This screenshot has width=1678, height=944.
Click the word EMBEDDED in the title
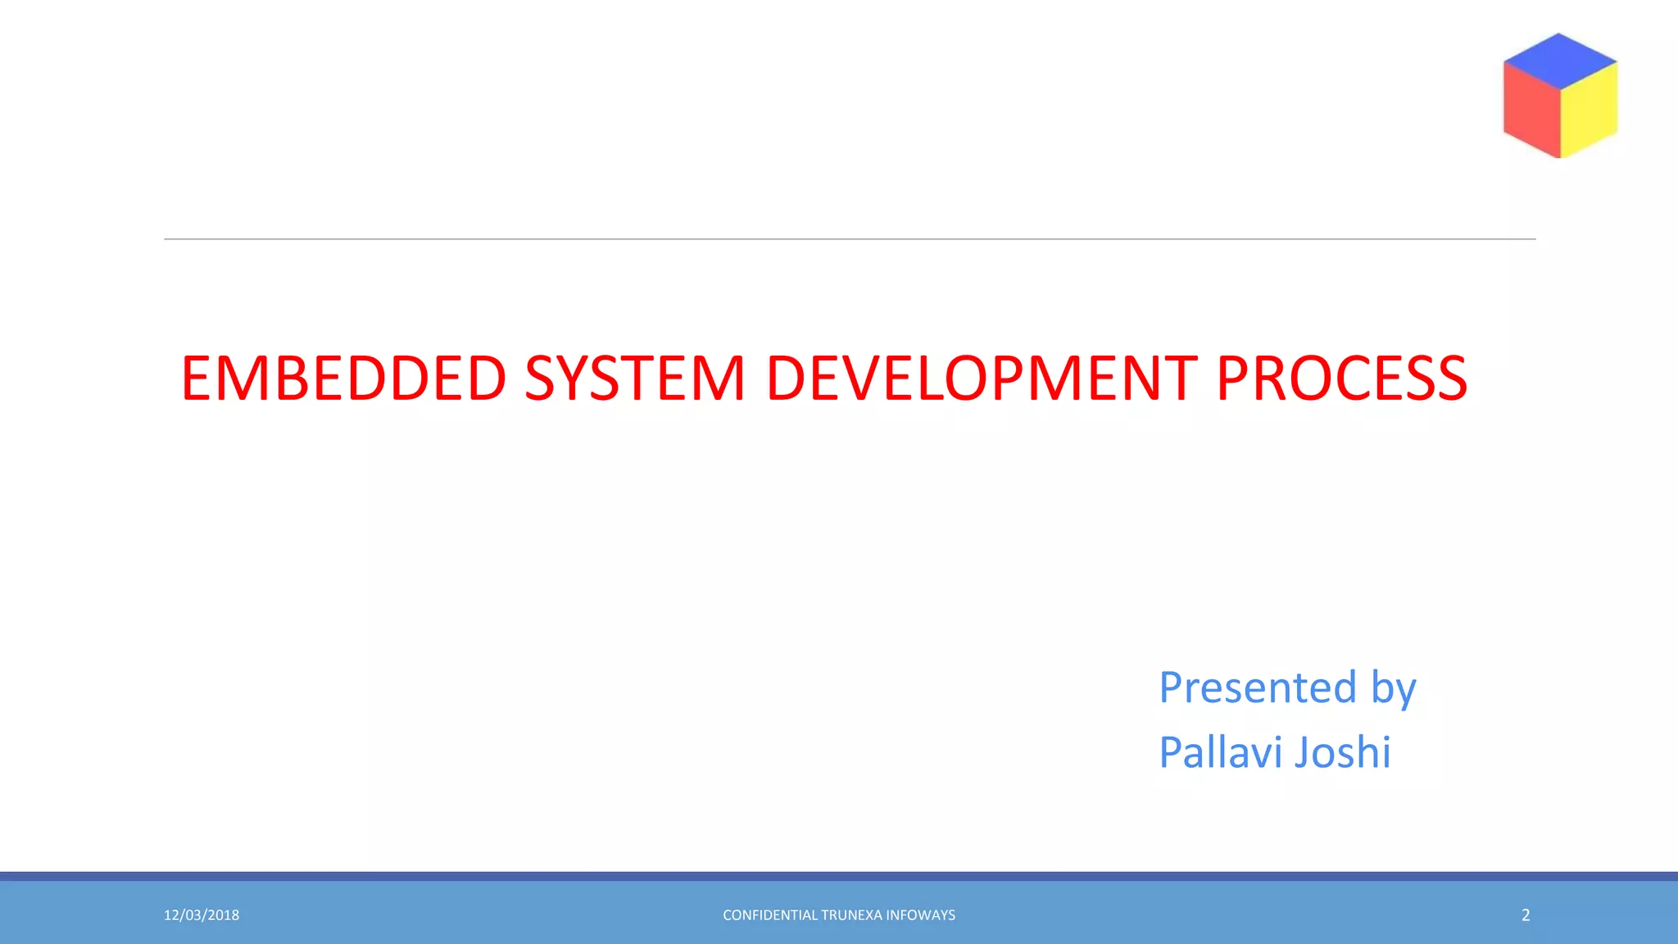[343, 379]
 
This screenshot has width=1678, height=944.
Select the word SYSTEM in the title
[634, 379]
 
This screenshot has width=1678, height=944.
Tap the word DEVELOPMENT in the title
[982, 379]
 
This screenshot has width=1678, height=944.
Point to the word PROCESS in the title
[1341, 379]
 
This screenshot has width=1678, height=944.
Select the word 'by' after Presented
[1393, 688]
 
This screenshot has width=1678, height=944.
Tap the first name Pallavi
[1220, 752]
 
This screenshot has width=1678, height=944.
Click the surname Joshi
[1343, 752]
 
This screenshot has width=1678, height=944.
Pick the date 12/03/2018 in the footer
[202, 915]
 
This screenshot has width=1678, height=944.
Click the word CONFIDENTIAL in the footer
[769, 915]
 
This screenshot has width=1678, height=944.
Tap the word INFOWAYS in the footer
[921, 915]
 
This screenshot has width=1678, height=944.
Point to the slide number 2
[1526, 915]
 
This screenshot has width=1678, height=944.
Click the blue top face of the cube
[1559, 60]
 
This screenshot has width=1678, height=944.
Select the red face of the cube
[1531, 109]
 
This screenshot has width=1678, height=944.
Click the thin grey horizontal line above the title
[850, 239]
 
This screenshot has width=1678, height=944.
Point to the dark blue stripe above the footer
[839, 876]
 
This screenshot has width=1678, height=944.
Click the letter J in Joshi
[1304, 752]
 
